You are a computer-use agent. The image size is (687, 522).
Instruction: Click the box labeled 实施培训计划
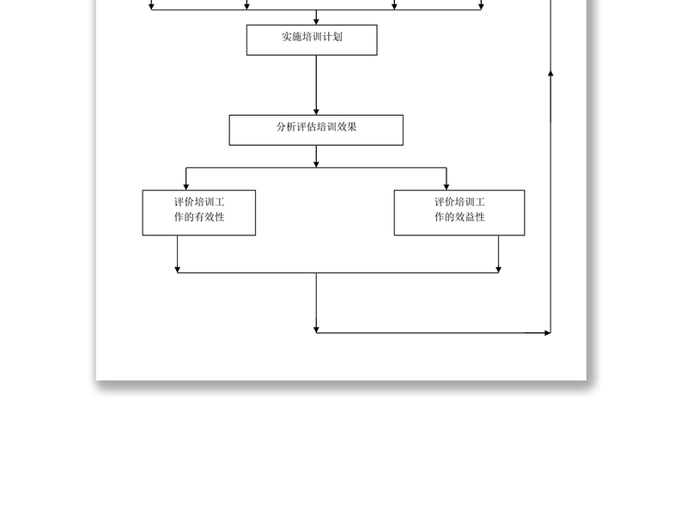(312, 39)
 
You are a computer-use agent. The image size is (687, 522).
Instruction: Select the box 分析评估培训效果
(316, 130)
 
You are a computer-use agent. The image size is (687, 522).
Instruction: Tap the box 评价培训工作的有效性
(198, 212)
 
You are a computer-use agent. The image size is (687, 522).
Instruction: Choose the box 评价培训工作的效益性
(459, 212)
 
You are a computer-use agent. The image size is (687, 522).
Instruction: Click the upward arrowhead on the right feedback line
(550, 74)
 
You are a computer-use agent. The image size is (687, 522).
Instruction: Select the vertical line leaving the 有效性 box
(178, 253)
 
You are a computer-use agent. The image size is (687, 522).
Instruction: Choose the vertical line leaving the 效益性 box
(499, 253)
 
